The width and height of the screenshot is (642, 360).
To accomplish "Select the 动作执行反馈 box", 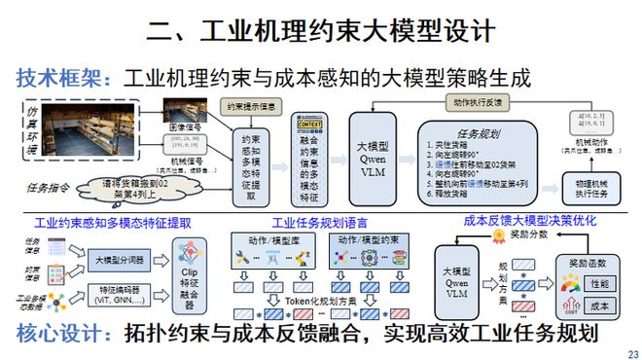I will coord(478,100).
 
